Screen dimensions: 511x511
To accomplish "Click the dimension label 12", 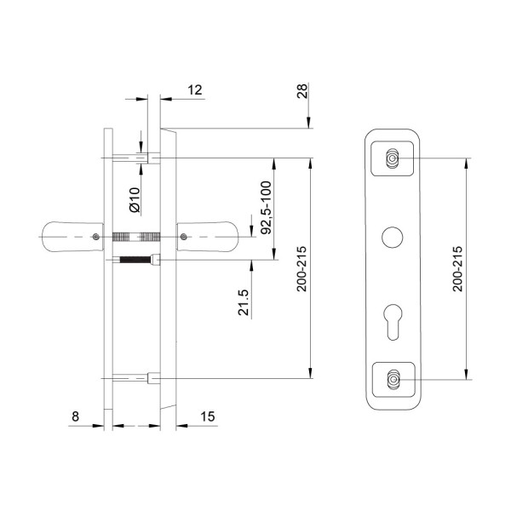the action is point(195,90).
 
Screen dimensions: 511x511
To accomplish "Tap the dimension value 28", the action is point(302,91).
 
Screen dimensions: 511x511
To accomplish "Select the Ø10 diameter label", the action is point(135,200).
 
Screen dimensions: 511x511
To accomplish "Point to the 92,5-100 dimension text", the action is point(267,208).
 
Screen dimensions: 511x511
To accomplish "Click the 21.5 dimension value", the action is point(244,302).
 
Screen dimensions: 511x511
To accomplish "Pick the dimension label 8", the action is point(75,416).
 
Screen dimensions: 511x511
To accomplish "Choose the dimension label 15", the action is point(208,416).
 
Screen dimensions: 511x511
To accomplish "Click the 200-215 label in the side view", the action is point(301,269).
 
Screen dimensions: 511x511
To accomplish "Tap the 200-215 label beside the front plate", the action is point(458,269).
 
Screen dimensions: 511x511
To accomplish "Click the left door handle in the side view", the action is point(72,237).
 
